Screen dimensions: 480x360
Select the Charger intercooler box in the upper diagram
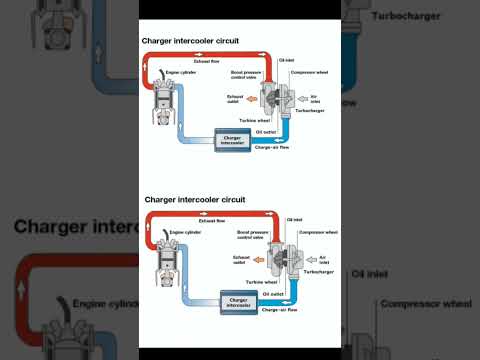231,142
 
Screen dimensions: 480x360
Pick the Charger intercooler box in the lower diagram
238,300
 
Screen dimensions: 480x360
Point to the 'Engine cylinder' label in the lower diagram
186,231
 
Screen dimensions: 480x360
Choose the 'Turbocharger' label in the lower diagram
318,271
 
